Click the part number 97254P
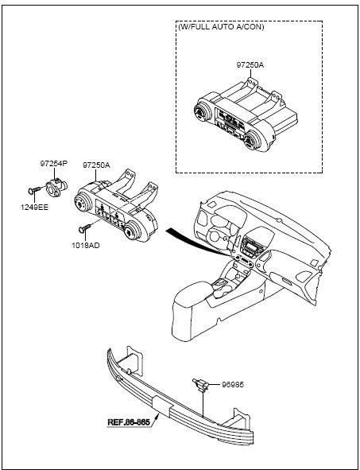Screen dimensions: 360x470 coord(54,164)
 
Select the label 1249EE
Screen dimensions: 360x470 coord(34,208)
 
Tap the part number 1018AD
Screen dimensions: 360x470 coord(86,246)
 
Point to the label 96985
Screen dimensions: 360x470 coord(233,385)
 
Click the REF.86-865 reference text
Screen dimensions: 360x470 coord(129,422)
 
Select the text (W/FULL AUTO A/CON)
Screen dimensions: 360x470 coord(222,27)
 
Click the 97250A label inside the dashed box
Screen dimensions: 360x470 coord(250,65)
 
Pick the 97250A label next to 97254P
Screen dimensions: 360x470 coord(96,165)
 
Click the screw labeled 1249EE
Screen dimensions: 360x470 coord(35,190)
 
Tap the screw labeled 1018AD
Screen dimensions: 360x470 coord(85,228)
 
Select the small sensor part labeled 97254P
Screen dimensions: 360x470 coord(56,188)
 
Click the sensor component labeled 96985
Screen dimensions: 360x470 coord(201,384)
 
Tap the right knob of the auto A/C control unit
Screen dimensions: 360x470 coord(252,140)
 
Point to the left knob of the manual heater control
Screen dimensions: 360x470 coord(82,204)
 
